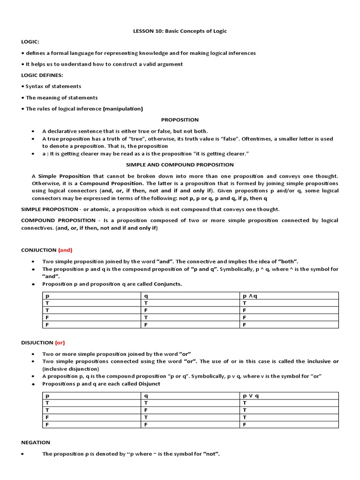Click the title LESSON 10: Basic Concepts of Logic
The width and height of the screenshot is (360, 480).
180,31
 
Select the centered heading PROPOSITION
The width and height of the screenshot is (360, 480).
180,120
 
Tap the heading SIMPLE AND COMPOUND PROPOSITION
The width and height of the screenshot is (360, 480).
180,165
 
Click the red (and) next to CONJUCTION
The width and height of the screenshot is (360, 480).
65,250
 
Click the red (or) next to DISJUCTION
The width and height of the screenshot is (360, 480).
60,343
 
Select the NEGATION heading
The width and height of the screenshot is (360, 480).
36,442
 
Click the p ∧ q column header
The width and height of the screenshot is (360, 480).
250,296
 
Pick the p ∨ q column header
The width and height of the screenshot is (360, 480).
251,396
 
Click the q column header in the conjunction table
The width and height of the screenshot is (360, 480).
146,296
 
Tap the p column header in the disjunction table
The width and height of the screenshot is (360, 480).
47,396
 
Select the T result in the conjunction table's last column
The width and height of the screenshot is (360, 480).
244,303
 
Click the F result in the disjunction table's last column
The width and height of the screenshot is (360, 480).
244,424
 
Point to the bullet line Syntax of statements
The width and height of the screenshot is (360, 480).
53,86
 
